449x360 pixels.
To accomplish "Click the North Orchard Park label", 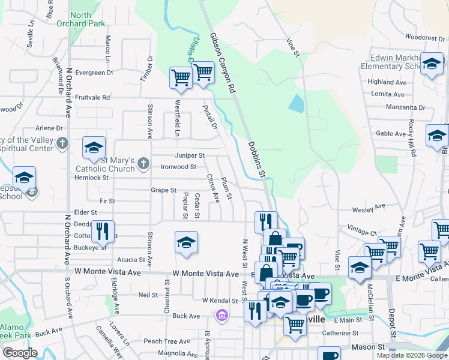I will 88,19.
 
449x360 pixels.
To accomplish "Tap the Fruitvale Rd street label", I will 94,97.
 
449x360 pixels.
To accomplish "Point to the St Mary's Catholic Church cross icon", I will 143,163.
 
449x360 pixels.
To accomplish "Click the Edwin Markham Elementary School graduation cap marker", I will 432,65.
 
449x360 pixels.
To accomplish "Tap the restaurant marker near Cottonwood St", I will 103,230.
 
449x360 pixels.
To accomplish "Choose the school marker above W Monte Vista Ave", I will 186,242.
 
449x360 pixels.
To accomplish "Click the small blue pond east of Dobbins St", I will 296,104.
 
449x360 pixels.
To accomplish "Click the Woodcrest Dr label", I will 424,37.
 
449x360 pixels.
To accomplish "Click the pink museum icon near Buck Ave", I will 221,314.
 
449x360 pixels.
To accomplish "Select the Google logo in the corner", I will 20,353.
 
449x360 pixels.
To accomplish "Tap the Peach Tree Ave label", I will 162,341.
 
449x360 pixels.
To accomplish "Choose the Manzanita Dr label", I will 405,108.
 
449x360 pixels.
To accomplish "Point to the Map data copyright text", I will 412,355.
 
